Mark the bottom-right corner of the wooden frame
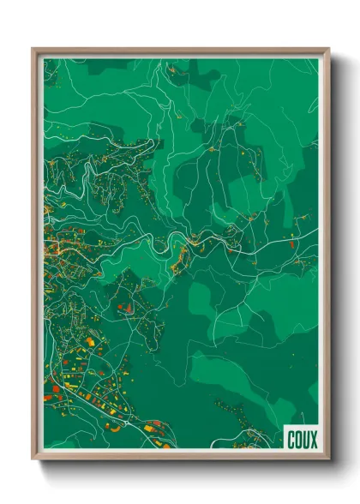(x=328, y=459)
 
